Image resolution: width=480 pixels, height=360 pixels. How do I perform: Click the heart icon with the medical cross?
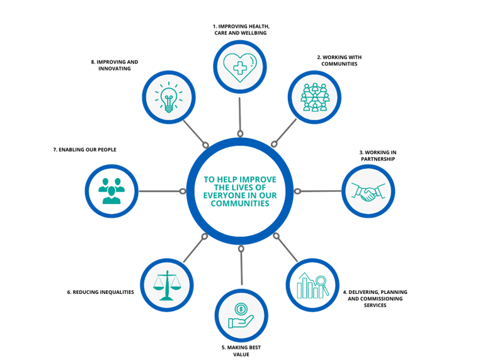pyautogui.click(x=240, y=67)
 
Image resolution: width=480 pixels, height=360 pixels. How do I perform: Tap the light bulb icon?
pyautogui.click(x=169, y=97)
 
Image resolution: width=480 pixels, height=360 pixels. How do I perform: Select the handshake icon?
pyautogui.click(x=368, y=192)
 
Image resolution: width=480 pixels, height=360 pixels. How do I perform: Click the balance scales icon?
pyautogui.click(x=167, y=285)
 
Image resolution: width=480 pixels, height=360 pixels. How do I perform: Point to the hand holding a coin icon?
pyautogui.click(x=241, y=316)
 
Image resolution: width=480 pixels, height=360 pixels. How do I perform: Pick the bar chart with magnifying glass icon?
pyautogui.click(x=312, y=285)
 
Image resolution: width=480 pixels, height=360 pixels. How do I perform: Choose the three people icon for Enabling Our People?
pyautogui.click(x=111, y=191)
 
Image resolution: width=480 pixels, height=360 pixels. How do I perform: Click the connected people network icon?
pyautogui.click(x=315, y=97)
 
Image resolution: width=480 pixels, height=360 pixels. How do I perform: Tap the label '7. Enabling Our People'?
pyautogui.click(x=84, y=150)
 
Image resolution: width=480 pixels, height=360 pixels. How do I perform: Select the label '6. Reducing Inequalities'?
pyautogui.click(x=100, y=292)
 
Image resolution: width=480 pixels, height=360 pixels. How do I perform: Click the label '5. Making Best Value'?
pyautogui.click(x=241, y=351)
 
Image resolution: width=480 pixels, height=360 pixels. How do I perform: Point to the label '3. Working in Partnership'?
pyautogui.click(x=378, y=155)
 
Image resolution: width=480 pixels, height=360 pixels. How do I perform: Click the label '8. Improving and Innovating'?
pyautogui.click(x=115, y=65)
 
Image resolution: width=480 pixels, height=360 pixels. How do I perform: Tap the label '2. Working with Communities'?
pyautogui.click(x=339, y=60)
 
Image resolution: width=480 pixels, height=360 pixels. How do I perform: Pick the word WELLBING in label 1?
pyautogui.click(x=253, y=33)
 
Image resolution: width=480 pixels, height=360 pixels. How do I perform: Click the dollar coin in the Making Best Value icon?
pyautogui.click(x=241, y=309)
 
